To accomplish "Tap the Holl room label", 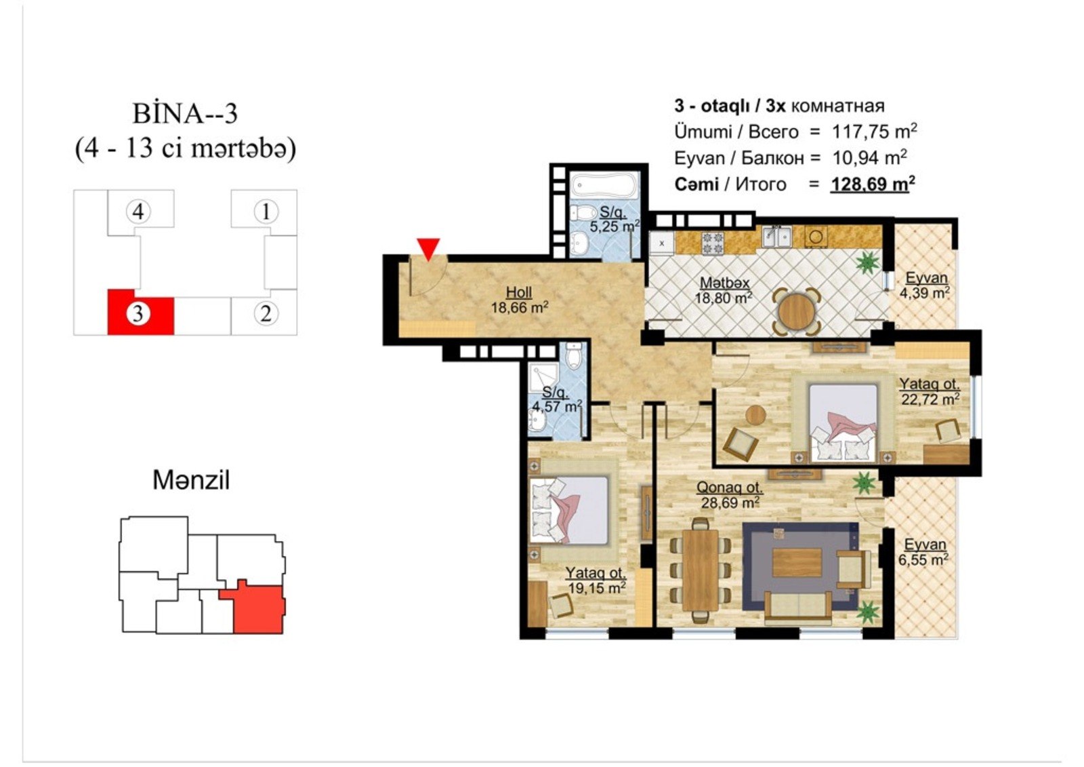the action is (519, 292).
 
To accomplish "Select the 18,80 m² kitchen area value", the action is (724, 298).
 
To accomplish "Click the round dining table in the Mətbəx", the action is (795, 311).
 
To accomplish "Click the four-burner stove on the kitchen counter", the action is (713, 243).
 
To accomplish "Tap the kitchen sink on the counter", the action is (776, 237).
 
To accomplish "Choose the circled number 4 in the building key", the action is (138, 212).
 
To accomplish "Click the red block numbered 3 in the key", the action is (140, 313).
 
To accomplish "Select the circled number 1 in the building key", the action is (266, 212).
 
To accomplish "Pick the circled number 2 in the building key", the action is (266, 314).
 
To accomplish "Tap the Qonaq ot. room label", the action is (729, 487).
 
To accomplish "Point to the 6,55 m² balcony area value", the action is (923, 560).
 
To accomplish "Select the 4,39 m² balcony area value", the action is (924, 293).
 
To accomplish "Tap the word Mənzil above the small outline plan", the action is (191, 480).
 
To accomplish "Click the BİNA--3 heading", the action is (185, 115).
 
